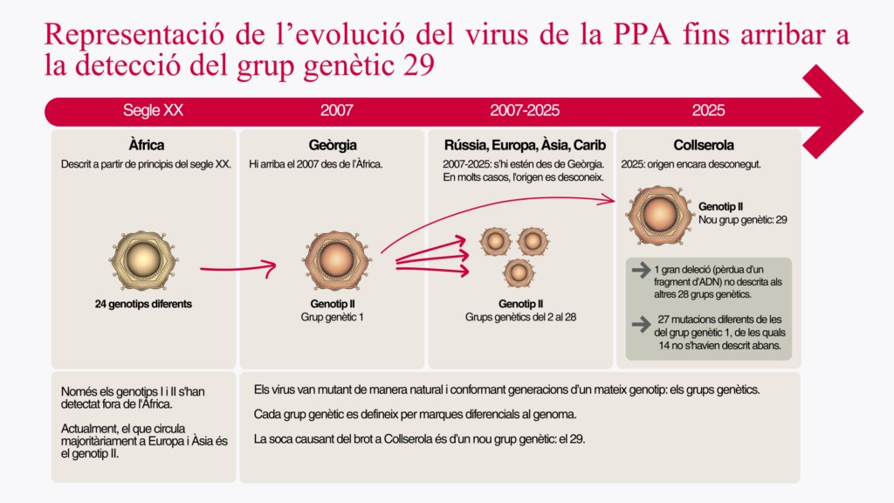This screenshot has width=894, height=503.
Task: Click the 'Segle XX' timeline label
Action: coord(153,111)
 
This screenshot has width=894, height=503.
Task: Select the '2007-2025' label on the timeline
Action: coord(525,111)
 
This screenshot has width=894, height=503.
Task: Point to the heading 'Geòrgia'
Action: coord(333,145)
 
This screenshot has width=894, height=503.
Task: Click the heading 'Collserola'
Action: coord(704,145)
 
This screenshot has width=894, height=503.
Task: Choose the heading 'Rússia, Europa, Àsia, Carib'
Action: coord(525,145)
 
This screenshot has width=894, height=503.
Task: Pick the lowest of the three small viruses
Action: coord(519,272)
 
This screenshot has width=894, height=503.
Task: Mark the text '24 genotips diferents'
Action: coord(144,304)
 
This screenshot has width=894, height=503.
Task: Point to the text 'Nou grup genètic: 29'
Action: coord(743,220)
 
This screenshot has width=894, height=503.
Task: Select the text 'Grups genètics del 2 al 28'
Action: coord(521,317)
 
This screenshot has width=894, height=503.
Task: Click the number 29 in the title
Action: coord(418,65)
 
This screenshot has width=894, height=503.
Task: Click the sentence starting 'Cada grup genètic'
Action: coord(415,413)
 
